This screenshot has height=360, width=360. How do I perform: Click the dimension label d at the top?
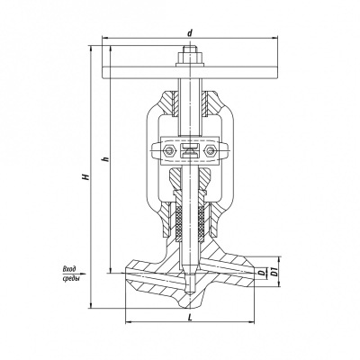click(x=189, y=33)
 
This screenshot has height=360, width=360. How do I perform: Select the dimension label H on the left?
click(x=86, y=176)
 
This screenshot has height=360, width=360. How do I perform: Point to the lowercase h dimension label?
click(x=105, y=159)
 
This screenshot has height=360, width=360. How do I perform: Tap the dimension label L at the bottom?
click(x=190, y=318)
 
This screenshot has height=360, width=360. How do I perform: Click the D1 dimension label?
click(x=274, y=273)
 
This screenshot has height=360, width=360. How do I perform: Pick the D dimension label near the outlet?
click(x=262, y=273)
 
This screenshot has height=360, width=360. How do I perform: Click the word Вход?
click(x=69, y=269)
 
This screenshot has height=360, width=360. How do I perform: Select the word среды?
click(x=69, y=278)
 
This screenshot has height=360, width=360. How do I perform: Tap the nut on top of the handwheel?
click(x=190, y=58)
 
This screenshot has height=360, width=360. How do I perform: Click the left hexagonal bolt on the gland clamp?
click(x=171, y=150)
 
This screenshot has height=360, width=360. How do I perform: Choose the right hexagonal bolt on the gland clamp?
click(x=210, y=150)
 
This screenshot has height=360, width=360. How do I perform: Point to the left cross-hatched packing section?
click(x=179, y=221)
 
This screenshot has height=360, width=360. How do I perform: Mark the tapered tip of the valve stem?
click(x=190, y=292)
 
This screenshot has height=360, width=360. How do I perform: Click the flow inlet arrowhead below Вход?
click(x=84, y=274)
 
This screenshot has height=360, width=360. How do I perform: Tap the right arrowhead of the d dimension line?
click(x=274, y=38)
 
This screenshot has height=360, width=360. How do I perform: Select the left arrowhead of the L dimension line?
click(x=128, y=322)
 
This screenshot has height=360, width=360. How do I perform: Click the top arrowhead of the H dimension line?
click(x=91, y=49)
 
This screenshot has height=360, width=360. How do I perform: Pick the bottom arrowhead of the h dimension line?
click(x=111, y=270)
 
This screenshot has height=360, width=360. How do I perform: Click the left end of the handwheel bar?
click(x=103, y=73)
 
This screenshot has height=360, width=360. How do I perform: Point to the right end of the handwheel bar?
click(x=277, y=73)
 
